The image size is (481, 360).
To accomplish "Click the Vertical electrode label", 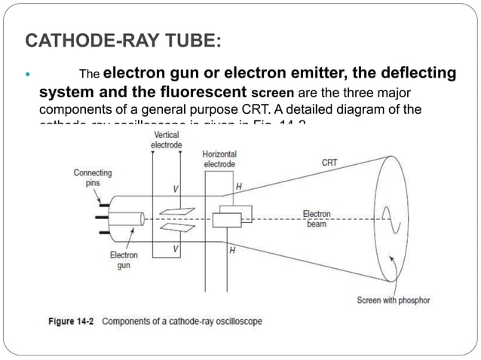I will coord(166,139).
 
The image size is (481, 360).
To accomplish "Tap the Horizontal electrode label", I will coord(219,159).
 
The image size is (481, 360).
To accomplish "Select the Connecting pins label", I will coord(93,177).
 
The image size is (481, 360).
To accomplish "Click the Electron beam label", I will coord(317,219).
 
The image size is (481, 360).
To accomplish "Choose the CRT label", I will coord(329,162).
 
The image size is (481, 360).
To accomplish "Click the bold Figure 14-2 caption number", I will coord(72,322).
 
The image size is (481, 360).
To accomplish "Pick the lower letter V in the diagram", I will coord(175,248).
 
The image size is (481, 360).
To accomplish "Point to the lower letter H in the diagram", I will coord(232,252).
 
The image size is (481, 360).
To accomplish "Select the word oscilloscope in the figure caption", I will coord(233,322).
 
